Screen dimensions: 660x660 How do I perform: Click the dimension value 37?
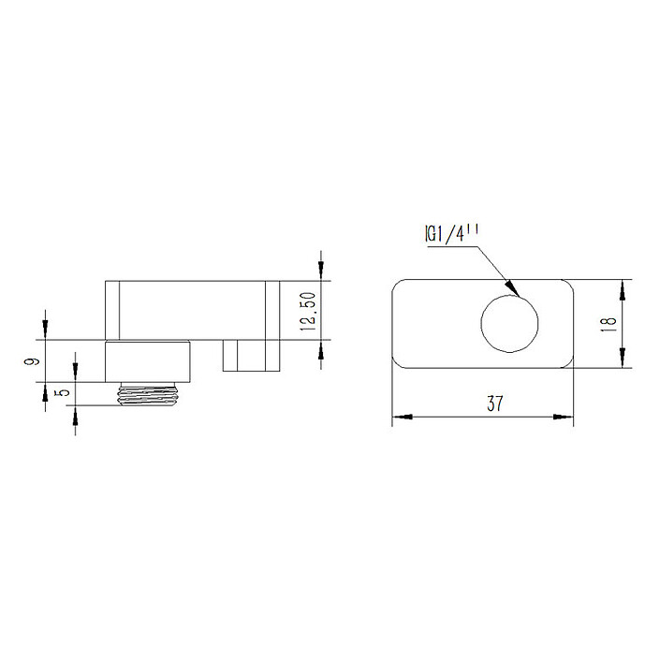(x=495, y=404)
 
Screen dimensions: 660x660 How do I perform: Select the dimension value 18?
(x=609, y=323)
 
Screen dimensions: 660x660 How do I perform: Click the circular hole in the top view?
(x=510, y=324)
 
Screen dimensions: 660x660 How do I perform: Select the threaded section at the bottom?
(x=150, y=394)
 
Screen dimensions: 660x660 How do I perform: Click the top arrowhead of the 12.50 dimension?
(x=321, y=272)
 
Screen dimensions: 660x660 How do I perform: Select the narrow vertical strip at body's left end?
(x=111, y=310)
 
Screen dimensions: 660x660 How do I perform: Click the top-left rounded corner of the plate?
(x=397, y=286)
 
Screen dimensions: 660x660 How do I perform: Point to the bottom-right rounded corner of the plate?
(x=568, y=363)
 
